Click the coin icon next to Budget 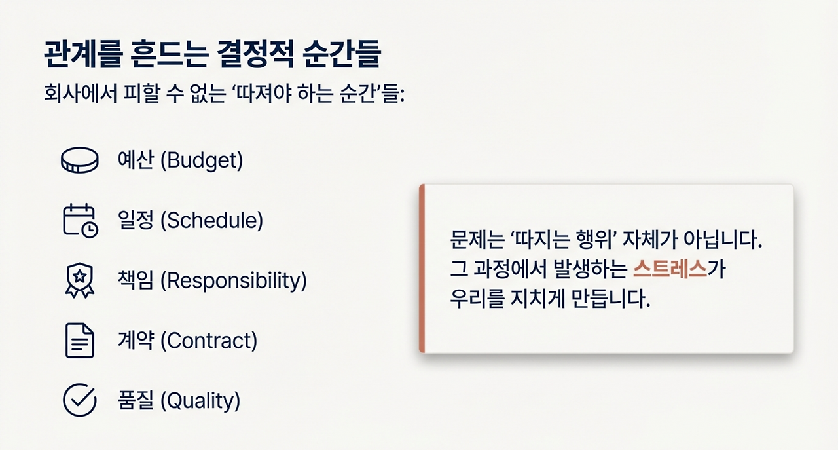[79, 160]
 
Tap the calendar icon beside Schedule [79, 221]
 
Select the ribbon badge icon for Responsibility [79, 281]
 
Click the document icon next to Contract [79, 341]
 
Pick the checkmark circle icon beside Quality [79, 400]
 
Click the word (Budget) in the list [202, 161]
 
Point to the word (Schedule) [211, 221]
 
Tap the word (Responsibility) [234, 281]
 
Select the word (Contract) [208, 341]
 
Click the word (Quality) [200, 400]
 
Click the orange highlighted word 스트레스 [671, 269]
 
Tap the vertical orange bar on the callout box [422, 269]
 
